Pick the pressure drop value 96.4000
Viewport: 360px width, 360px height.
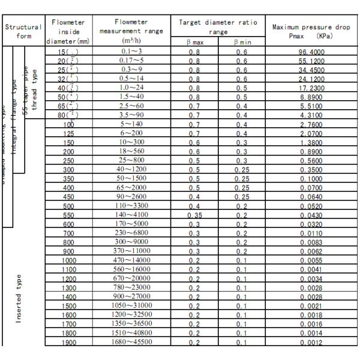311,53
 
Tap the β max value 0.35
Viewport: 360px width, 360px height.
195,214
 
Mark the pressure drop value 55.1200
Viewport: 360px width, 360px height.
311,61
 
